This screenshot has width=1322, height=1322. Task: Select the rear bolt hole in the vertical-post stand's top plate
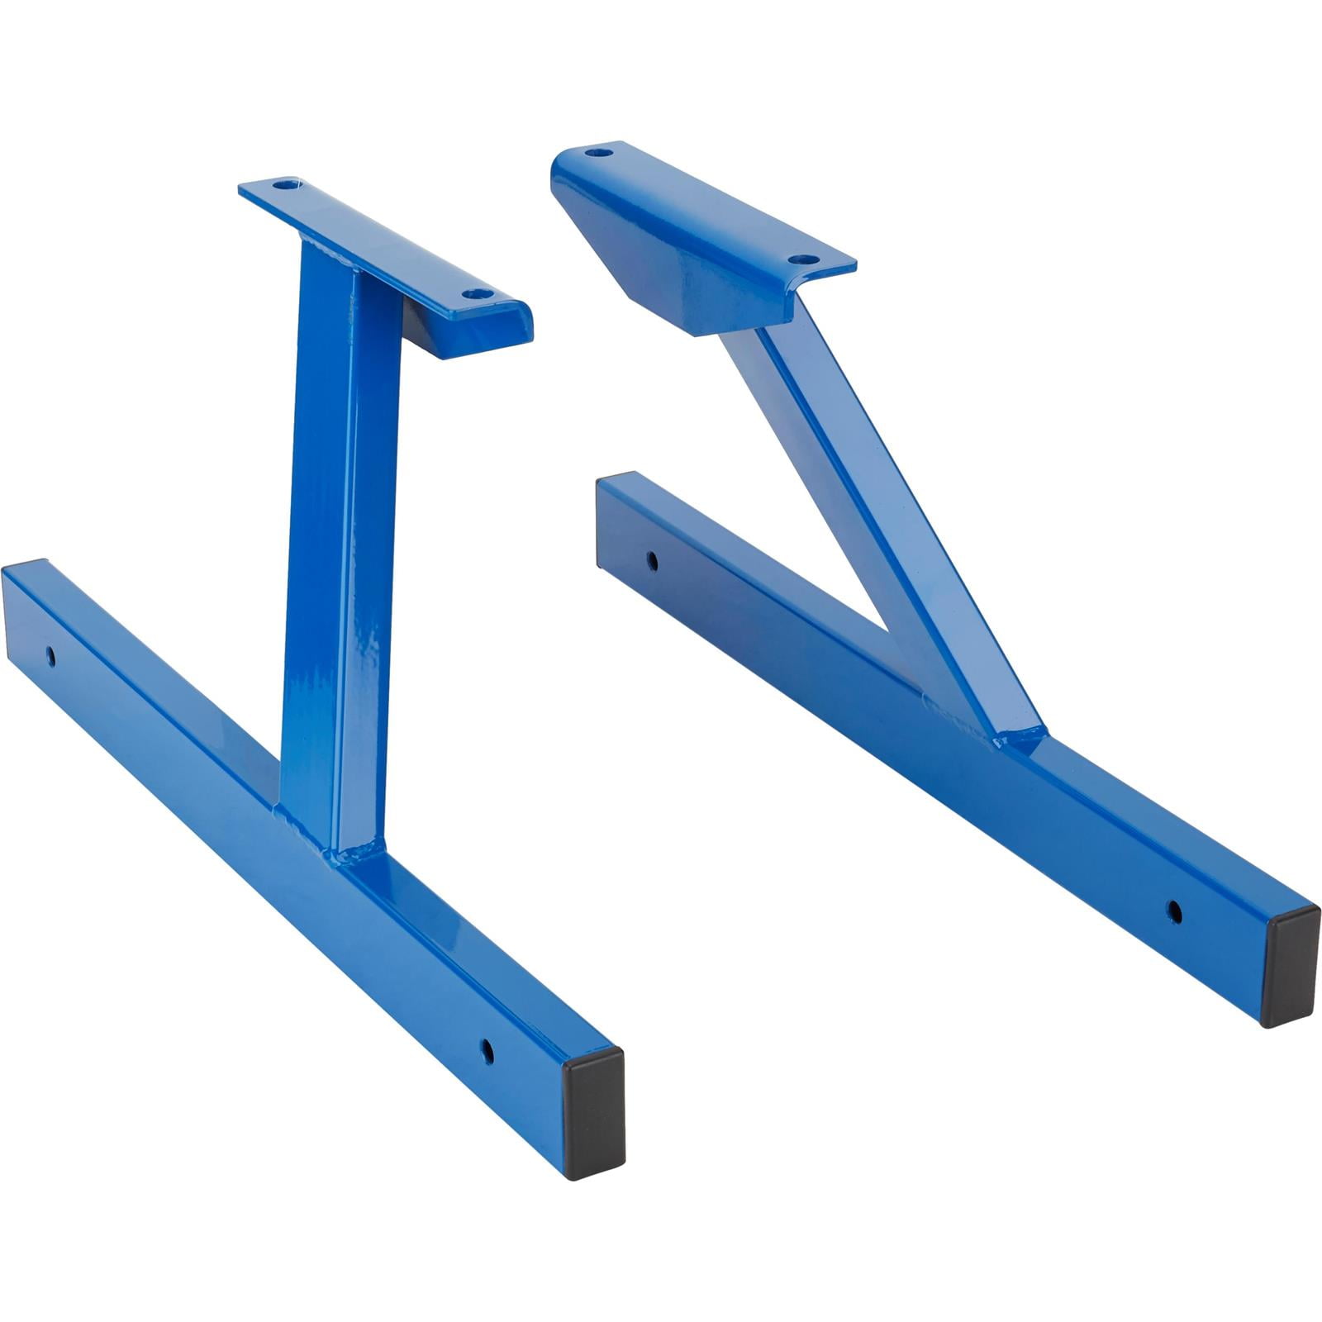point(285,185)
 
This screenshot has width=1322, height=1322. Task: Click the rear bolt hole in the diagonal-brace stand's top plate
point(598,153)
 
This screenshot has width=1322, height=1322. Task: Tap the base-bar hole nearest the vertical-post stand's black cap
point(487,1052)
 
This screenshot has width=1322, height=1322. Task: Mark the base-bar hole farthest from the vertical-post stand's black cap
point(51,656)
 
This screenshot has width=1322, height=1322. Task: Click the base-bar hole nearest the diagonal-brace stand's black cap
point(1173,912)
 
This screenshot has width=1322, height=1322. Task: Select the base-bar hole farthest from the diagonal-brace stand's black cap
point(653,562)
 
